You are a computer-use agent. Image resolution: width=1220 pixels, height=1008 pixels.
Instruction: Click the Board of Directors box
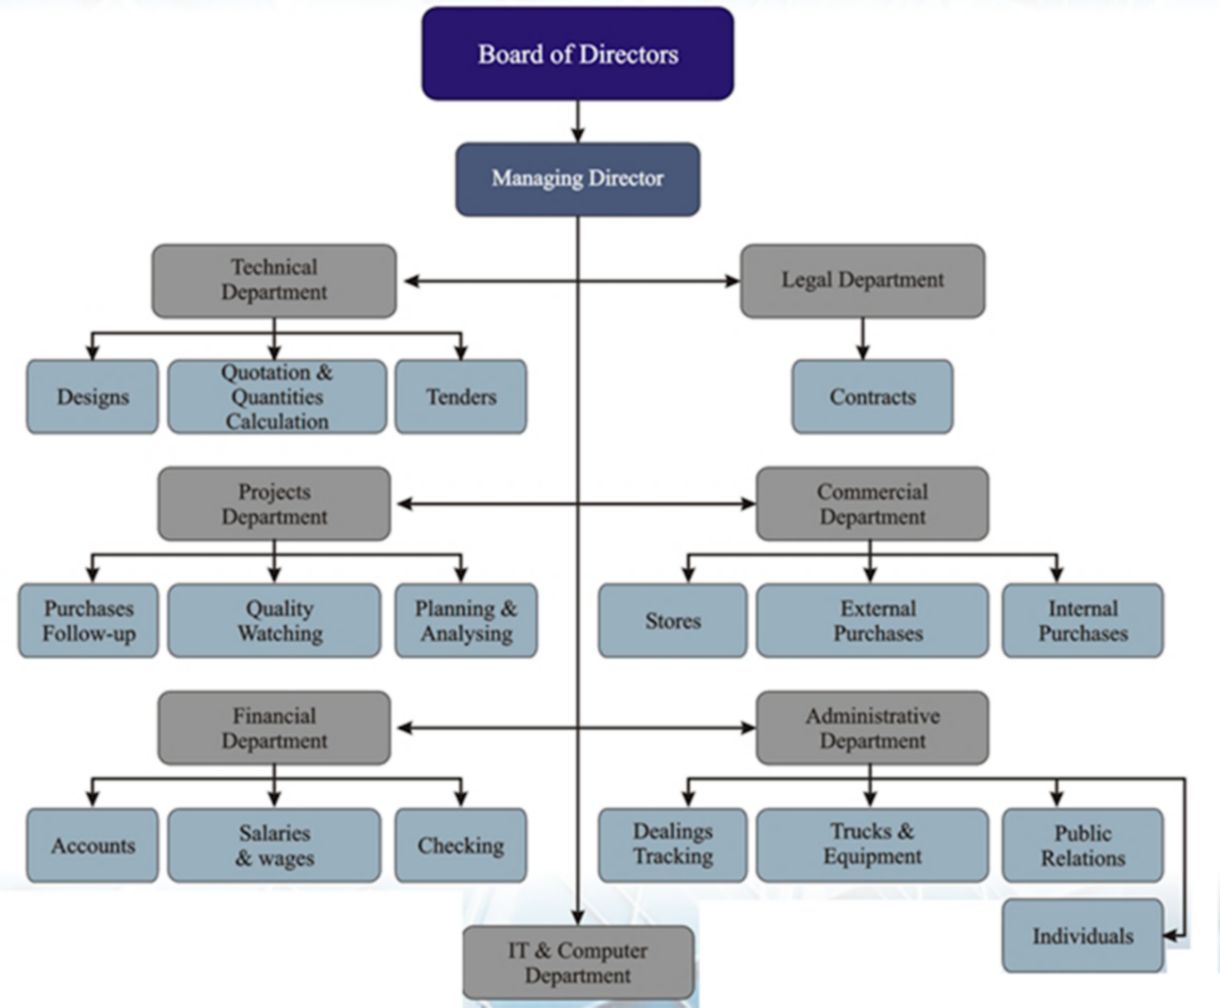point(577,54)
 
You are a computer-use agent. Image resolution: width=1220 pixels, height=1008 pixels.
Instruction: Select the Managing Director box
point(577,179)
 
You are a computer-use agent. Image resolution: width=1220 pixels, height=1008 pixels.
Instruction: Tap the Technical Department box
point(274,281)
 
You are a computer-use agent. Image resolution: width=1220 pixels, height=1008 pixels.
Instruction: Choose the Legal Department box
point(862,281)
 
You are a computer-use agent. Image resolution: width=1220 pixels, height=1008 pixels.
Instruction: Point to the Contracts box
point(872,397)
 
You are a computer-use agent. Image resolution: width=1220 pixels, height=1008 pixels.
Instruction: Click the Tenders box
point(460,397)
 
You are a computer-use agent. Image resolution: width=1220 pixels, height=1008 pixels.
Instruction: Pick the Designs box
point(92,397)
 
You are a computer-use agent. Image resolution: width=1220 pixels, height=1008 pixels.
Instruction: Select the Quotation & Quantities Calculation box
point(277,397)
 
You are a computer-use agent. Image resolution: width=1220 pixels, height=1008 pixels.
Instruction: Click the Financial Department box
point(274,728)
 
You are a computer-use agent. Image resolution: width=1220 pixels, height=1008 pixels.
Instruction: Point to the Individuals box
point(1083,936)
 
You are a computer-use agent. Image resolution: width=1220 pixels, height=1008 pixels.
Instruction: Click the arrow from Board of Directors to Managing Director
point(577,122)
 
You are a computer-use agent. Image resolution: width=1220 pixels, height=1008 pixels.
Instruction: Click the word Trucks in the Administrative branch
point(852,831)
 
